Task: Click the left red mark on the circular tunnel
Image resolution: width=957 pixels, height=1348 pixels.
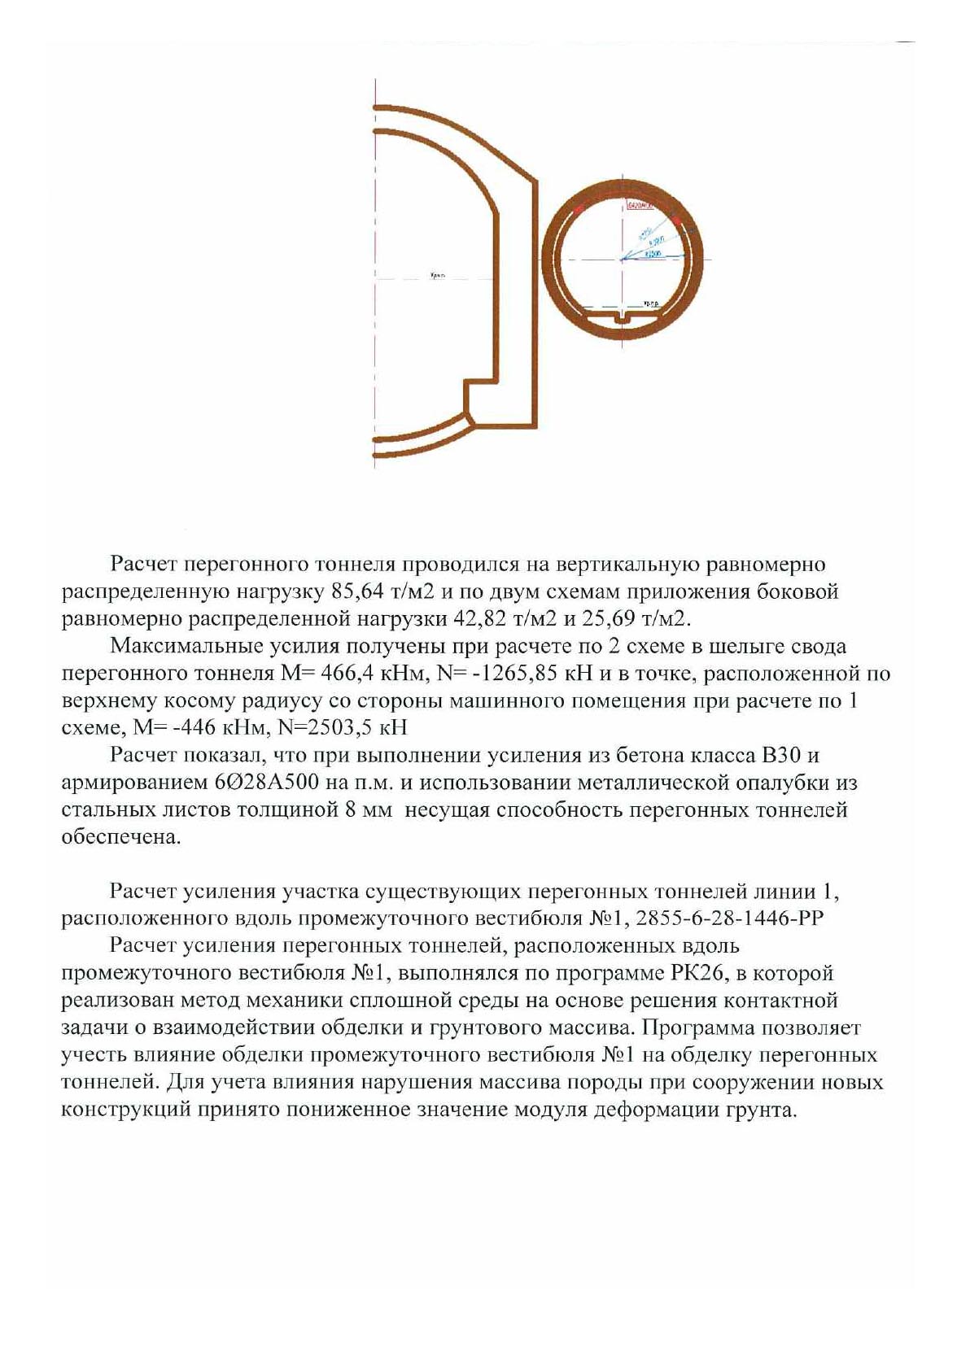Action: (579, 210)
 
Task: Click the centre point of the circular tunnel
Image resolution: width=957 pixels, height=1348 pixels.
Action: (623, 260)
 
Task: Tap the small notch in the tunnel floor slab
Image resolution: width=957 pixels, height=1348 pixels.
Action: (623, 317)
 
